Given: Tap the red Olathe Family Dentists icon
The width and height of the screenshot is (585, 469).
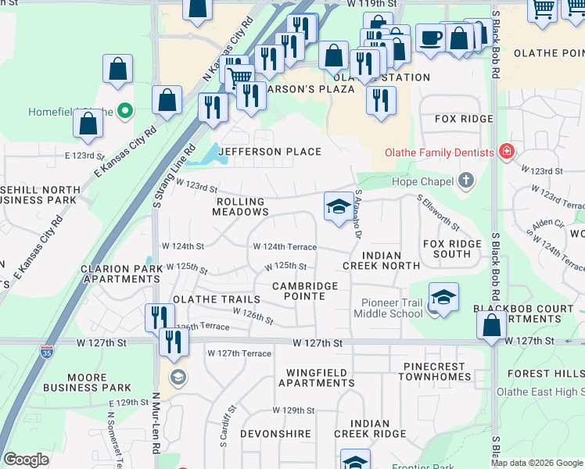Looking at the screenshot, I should (x=507, y=152).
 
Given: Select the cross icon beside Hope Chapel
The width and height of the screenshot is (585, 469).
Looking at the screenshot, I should (x=466, y=181).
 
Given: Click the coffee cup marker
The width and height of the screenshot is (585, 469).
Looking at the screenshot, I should (x=429, y=38).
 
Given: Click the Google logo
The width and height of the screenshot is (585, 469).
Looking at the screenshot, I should (x=26, y=460).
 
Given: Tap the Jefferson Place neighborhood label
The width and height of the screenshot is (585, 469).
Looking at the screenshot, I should (x=270, y=152).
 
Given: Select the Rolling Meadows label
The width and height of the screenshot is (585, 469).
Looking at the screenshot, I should (x=242, y=206).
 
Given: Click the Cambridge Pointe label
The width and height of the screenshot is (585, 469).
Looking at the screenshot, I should (x=305, y=292).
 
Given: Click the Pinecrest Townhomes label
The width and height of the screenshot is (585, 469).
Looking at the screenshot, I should (x=436, y=371).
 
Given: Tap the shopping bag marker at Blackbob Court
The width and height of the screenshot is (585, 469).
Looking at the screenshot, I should (x=491, y=326).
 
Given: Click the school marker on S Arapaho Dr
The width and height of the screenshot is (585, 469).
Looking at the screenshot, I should (x=338, y=207).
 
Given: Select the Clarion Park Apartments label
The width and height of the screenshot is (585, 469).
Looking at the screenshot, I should (x=121, y=274).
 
